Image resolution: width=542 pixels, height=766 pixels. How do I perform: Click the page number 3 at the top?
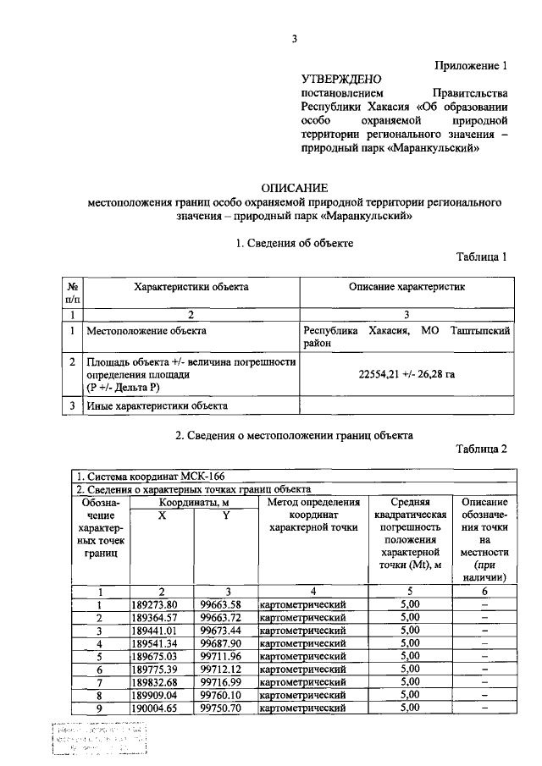click(x=294, y=38)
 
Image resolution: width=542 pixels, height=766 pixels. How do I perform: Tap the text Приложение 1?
click(x=471, y=65)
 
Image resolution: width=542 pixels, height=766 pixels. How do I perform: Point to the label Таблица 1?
click(x=481, y=257)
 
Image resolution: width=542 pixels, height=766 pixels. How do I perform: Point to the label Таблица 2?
click(x=481, y=449)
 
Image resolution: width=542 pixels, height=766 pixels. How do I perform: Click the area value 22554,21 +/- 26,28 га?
click(x=405, y=373)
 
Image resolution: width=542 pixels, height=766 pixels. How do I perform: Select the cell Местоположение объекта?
click(x=146, y=330)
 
